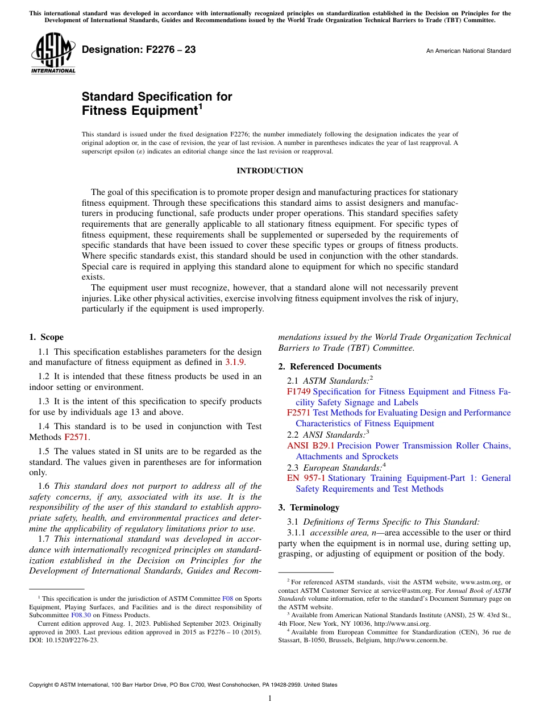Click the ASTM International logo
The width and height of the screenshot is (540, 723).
[x=53, y=55]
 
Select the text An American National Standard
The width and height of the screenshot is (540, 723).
[x=468, y=51]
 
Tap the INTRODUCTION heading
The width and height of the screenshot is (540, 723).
[x=269, y=171]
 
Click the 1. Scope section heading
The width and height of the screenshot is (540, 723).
[x=47, y=337]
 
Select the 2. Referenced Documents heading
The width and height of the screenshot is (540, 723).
[x=330, y=367]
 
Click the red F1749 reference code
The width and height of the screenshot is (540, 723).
[x=298, y=392]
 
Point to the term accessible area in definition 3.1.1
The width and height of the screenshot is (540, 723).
[x=337, y=533]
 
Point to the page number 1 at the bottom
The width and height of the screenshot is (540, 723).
[x=270, y=699]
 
